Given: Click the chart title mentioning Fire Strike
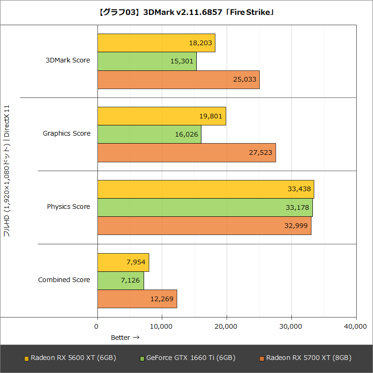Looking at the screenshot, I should [186, 13].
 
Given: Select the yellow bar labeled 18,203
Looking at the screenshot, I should [156, 43].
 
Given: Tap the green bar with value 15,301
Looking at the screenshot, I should [147, 61].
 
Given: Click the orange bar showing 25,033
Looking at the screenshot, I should [178, 79].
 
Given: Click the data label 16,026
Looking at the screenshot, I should [186, 134].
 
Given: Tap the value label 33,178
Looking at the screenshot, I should [297, 207].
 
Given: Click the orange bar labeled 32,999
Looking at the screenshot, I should [204, 226].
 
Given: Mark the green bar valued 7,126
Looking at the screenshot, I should [121, 281].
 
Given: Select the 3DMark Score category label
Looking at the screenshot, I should [68, 60].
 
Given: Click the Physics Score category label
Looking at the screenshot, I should [69, 207].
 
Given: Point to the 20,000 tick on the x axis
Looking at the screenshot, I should [227, 327].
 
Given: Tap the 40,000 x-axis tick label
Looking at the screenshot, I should [355, 327].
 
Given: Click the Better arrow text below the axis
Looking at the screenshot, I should [125, 338].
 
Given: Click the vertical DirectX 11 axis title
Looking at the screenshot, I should [7, 170].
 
